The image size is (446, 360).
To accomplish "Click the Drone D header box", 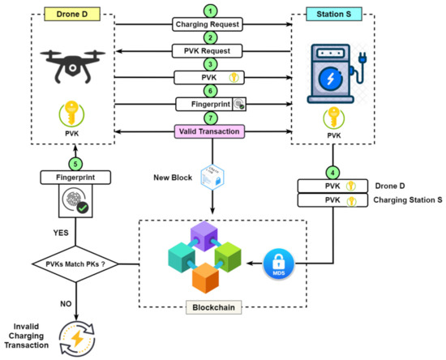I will (x=73, y=14).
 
